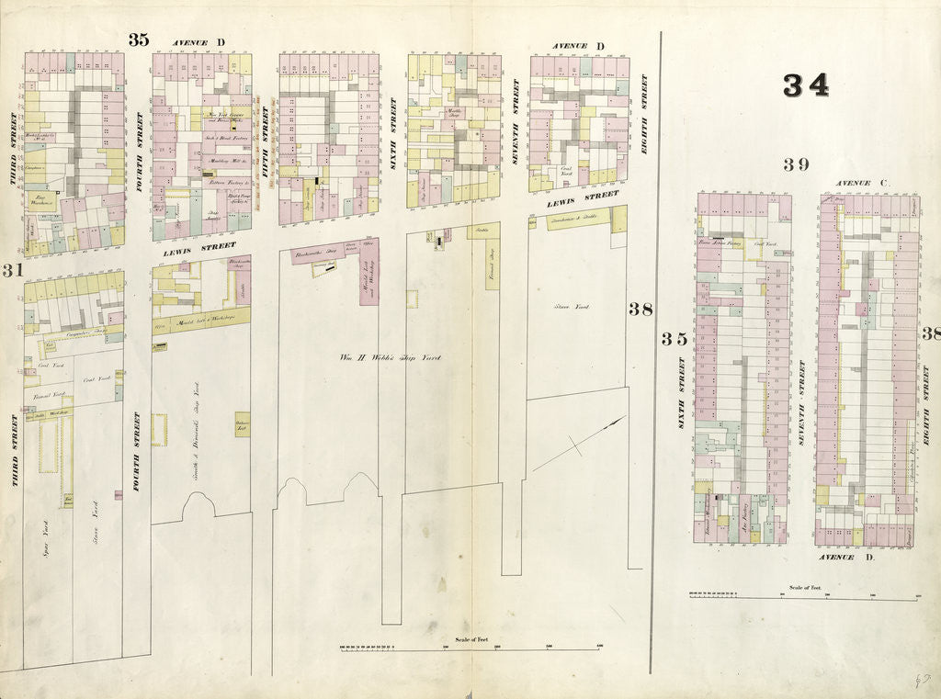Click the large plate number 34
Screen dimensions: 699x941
coord(806,85)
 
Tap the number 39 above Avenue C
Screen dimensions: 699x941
coord(796,164)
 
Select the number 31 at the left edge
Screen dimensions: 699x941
coord(12,270)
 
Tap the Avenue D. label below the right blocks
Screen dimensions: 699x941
coord(836,558)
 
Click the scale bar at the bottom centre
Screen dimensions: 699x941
coord(470,648)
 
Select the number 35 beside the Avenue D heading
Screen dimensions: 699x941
coord(138,39)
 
